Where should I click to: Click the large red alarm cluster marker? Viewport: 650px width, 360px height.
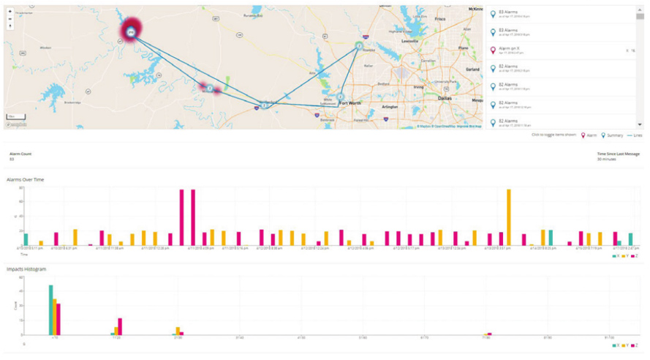pos(131,31)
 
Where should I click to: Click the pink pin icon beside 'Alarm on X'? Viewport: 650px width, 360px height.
pos(493,50)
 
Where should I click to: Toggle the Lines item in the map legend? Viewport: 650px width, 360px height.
pos(633,135)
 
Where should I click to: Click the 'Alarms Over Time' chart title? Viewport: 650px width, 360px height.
pos(24,179)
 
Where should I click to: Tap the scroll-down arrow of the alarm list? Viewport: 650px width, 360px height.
pos(640,125)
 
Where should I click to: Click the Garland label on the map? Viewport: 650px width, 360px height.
pos(472,70)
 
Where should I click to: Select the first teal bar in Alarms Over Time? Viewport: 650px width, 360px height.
pos(26,239)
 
